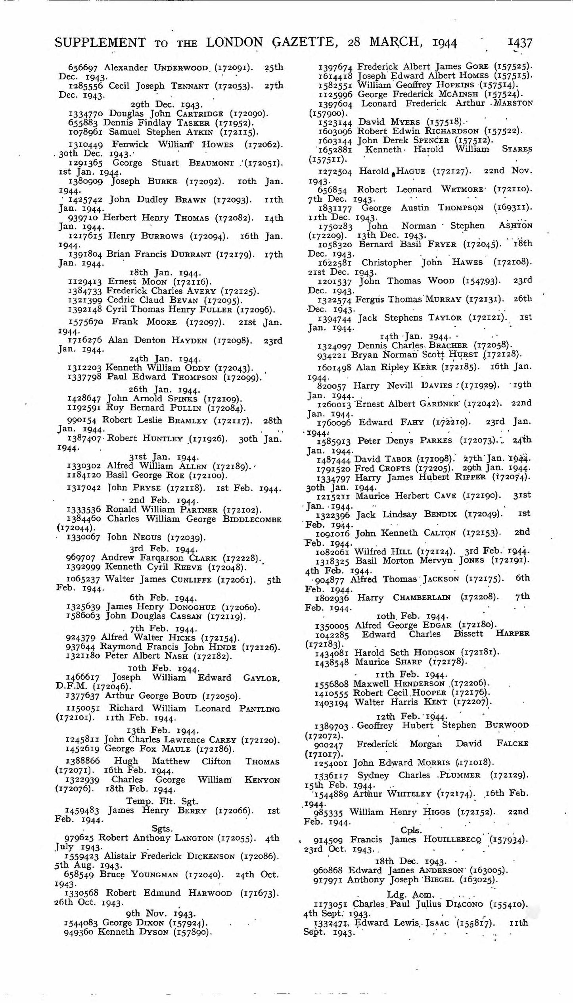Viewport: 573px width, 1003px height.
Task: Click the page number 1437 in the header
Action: (520, 42)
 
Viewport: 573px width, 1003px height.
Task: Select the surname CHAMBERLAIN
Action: (422, 597)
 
